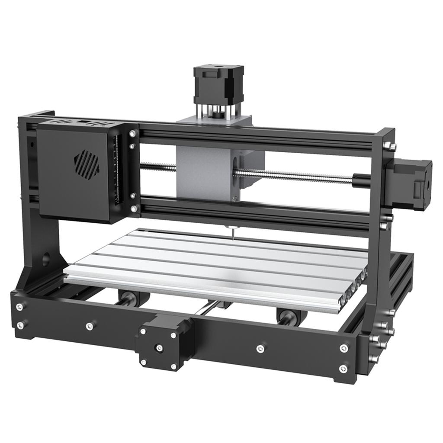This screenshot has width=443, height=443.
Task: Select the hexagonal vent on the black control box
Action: point(87,165)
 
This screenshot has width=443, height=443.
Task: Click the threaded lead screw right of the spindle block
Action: point(294,177)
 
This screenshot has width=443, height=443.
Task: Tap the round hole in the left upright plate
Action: point(45,260)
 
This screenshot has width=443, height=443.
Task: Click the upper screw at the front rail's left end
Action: point(19,307)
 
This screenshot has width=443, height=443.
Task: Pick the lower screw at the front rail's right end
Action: point(343,369)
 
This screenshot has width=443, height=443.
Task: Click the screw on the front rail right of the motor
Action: point(260,348)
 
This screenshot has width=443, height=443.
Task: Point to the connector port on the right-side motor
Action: point(418,190)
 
